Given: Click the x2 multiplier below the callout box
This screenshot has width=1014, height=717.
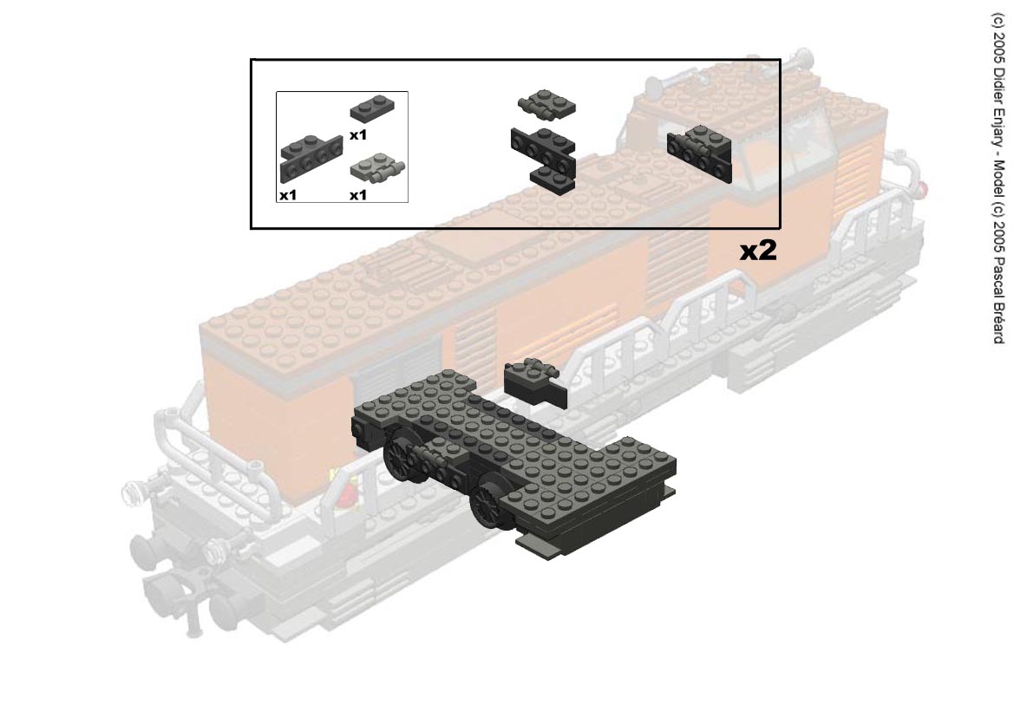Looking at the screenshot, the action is (x=758, y=251).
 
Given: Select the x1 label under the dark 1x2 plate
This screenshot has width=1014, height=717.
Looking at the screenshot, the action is (x=357, y=135).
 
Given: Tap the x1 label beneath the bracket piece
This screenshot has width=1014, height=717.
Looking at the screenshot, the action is (x=288, y=194).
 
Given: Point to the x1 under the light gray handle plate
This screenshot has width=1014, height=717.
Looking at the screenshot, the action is (x=357, y=194).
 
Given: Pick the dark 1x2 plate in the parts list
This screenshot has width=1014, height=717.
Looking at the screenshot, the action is (x=372, y=108).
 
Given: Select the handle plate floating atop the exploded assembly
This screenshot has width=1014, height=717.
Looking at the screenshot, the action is (x=546, y=101).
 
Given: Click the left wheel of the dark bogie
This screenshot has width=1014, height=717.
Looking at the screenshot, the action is (x=401, y=461).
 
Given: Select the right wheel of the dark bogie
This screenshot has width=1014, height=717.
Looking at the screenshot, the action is (x=490, y=505).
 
